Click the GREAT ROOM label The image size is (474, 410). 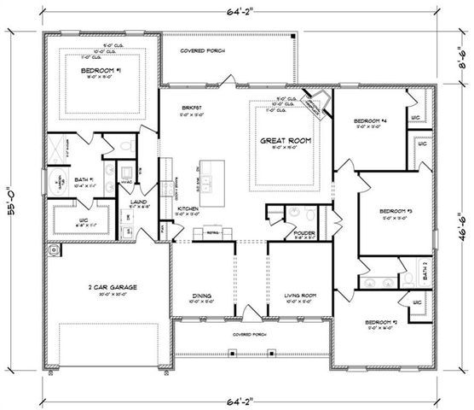point(286,140)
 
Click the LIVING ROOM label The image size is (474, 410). point(301,296)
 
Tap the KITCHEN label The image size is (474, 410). point(188,208)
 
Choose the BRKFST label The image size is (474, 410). point(190,107)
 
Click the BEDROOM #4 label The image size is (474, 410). point(371,122)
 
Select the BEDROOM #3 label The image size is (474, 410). point(396,210)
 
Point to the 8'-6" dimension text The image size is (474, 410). point(460,59)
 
